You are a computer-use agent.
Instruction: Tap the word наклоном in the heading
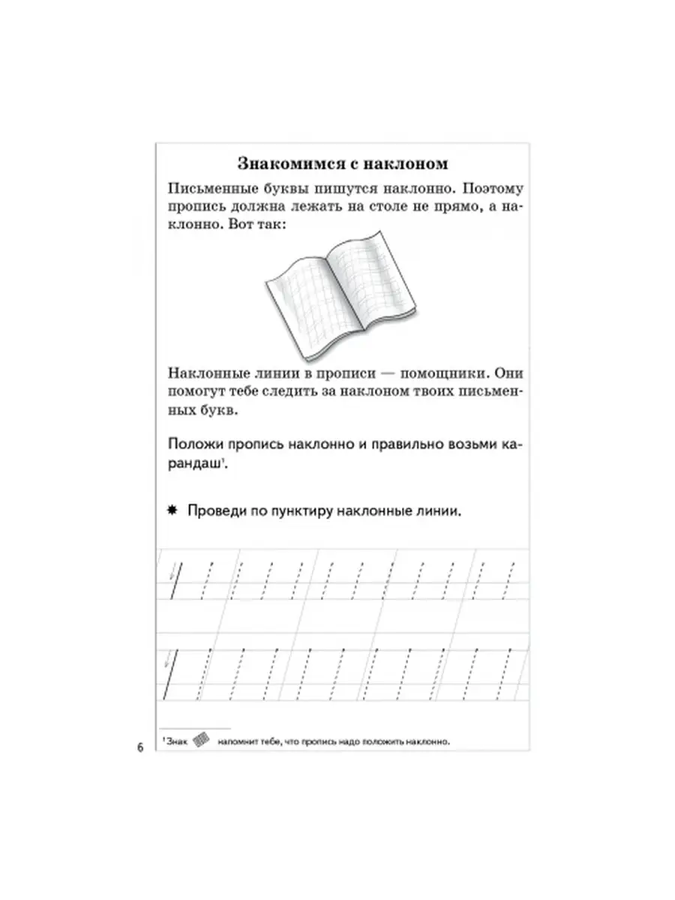pyautogui.click(x=404, y=163)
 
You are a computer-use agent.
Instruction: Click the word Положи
pyautogui.click(x=196, y=444)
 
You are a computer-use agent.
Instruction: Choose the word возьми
pyautogui.click(x=457, y=444)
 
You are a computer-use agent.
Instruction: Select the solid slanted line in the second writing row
pyautogui.click(x=169, y=671)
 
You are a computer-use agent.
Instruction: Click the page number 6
pyautogui.click(x=139, y=748)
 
